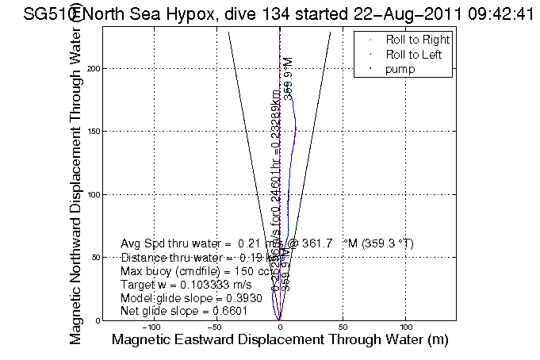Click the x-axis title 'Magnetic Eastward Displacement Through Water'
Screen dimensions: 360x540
coord(280,340)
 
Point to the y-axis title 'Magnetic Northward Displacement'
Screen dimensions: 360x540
coord(77,182)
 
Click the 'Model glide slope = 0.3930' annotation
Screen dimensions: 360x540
coord(186,297)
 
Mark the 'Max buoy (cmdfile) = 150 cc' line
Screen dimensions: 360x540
coord(195,270)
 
